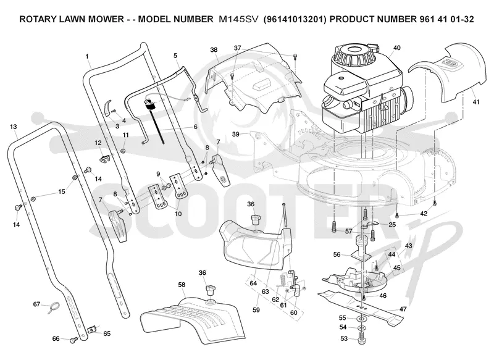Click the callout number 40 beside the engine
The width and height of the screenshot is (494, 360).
pos(396,48)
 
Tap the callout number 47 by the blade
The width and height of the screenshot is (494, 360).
pos(403,309)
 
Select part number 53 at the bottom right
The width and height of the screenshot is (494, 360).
pos(344,338)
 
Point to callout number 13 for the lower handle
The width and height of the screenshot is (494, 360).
pos(13,127)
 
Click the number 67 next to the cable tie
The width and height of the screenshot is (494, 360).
pos(37,304)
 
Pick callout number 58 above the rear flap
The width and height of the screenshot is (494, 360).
pos(182,285)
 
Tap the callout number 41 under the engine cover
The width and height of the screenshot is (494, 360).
pos(476,102)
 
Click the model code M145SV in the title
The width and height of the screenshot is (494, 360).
pos(238,19)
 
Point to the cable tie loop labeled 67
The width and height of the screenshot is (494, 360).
pos(54,307)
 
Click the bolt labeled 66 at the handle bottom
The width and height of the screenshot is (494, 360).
pos(74,340)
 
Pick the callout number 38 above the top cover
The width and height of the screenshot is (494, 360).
pos(214,50)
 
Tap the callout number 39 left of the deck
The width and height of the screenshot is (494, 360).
pos(236,134)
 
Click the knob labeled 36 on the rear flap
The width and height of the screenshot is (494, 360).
pos(211,290)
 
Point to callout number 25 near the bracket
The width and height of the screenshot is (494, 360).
pos(392,225)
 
